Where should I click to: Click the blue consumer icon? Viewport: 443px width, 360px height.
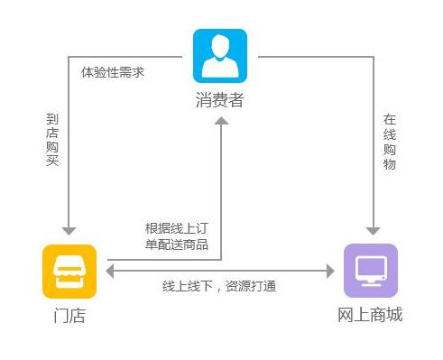[219, 56]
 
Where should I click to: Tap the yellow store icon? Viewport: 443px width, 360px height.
[69, 270]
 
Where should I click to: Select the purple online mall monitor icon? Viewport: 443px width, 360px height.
[370, 270]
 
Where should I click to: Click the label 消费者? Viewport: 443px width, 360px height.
[219, 100]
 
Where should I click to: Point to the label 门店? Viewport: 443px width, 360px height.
[69, 315]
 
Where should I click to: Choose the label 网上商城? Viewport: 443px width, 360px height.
[370, 315]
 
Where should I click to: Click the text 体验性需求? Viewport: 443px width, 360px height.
[113, 71]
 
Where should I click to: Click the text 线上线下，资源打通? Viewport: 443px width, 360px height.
[219, 286]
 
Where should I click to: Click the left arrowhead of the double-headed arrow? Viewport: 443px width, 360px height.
[109, 270]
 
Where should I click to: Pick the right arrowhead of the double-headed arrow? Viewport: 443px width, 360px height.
[330, 270]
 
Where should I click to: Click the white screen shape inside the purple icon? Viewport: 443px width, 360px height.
[370, 268]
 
